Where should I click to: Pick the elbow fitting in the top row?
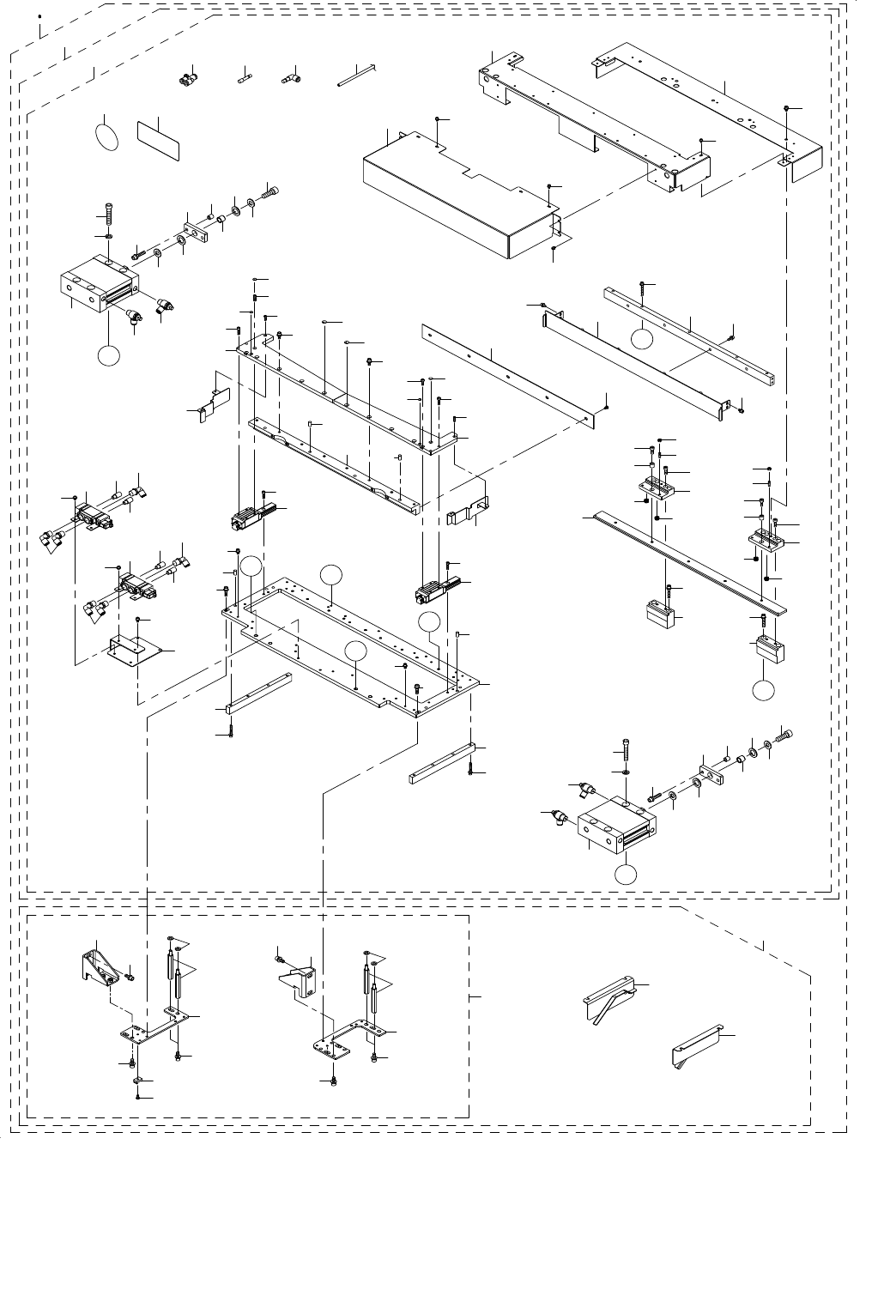(x=288, y=80)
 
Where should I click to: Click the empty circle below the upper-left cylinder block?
(x=107, y=355)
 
